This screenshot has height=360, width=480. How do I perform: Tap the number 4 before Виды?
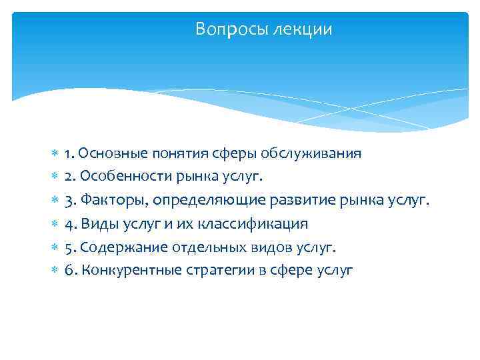point(69,224)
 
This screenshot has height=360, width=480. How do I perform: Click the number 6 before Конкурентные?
point(69,271)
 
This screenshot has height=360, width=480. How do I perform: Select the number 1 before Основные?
point(68,154)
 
